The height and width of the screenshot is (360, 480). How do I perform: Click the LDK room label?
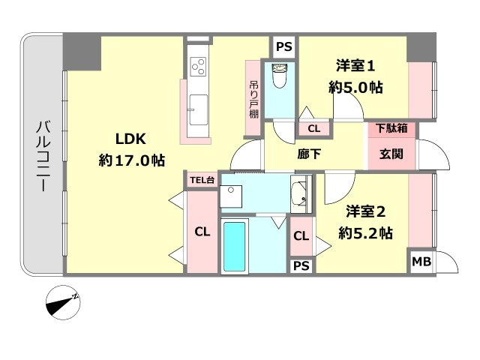click(x=130, y=139)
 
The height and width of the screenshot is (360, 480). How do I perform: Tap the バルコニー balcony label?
click(x=43, y=156)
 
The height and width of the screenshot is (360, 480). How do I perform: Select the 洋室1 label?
click(x=355, y=66)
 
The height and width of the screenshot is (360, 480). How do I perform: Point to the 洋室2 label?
click(x=365, y=211)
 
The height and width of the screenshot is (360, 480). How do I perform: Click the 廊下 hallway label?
click(x=308, y=154)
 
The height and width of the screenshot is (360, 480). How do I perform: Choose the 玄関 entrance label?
click(x=391, y=154)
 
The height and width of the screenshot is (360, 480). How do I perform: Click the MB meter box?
click(x=421, y=262)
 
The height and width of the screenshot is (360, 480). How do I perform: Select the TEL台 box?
click(x=202, y=180)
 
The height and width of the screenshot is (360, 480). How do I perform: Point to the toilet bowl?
click(x=279, y=76)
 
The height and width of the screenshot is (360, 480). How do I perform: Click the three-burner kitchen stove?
click(x=198, y=67)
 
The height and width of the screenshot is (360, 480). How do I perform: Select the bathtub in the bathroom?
click(x=235, y=247)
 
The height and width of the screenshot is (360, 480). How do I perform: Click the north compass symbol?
click(x=63, y=303)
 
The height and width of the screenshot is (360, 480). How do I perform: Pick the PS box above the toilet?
click(x=284, y=46)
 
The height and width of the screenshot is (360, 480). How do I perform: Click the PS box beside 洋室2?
click(x=301, y=265)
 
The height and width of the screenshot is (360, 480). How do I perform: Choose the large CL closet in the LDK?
click(x=202, y=232)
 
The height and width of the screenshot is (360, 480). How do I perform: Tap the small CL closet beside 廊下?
click(x=314, y=128)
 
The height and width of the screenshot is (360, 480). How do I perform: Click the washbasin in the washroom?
click(x=300, y=193)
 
